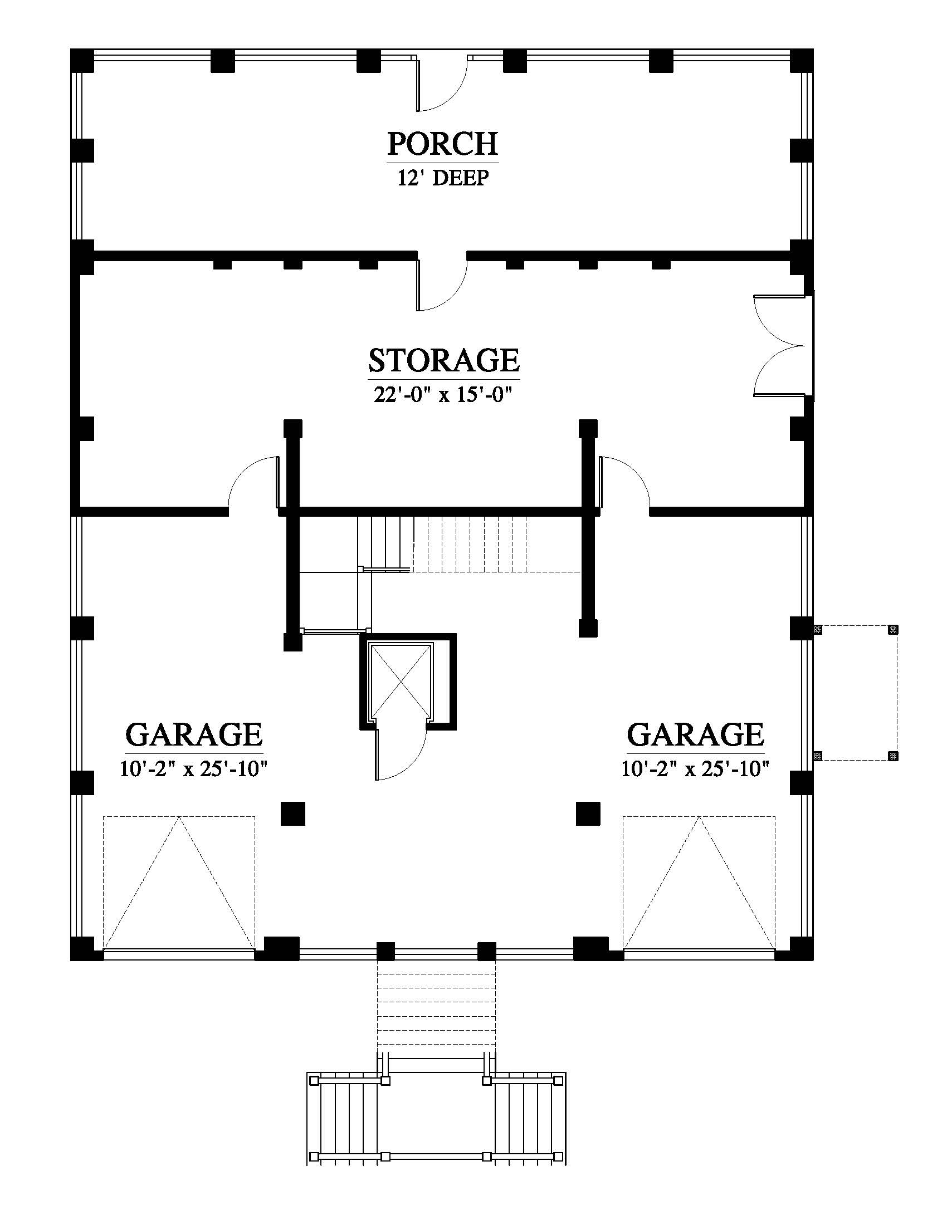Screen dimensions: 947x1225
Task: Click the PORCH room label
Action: point(443,144)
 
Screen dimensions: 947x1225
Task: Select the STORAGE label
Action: point(444,360)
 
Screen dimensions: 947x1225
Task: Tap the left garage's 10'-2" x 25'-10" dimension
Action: point(193,768)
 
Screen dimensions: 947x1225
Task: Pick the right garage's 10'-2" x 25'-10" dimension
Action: point(695,768)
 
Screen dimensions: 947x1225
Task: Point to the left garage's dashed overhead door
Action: point(179,884)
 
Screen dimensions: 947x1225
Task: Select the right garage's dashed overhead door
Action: point(699,884)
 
